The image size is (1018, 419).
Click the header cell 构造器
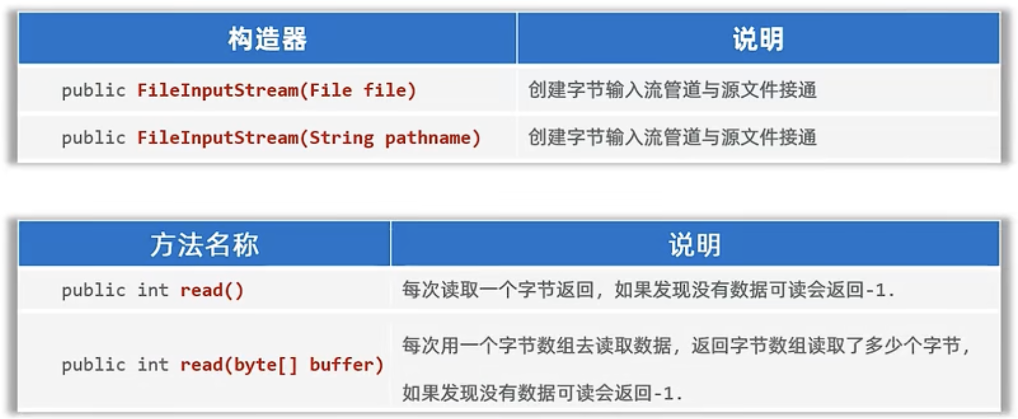[267, 39]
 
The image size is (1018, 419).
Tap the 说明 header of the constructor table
[758, 39]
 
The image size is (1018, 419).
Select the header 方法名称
[204, 245]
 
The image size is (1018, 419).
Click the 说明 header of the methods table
[694, 245]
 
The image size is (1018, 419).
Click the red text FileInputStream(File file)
[276, 90]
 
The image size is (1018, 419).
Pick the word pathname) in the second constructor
[433, 138]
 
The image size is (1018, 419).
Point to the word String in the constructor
[341, 138]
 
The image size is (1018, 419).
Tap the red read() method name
[212, 290]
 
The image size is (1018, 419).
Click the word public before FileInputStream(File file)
[93, 90]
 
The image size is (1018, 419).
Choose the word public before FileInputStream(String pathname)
[93, 138]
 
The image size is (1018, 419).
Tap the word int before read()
[153, 290]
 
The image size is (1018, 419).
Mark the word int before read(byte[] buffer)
[153, 365]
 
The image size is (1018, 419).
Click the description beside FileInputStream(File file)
[672, 90]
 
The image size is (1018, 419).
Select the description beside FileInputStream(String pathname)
[672, 137]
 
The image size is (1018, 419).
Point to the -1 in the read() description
[876, 290]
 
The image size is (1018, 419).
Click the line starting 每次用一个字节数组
[685, 345]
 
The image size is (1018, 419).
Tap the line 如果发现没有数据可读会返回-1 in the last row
[542, 392]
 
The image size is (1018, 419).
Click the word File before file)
[330, 90]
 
